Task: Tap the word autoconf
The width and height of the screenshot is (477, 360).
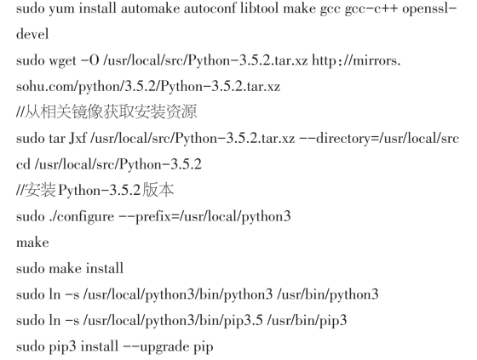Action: click(x=210, y=8)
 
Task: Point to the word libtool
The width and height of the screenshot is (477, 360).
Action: click(x=260, y=8)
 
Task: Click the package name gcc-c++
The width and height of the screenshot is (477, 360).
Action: click(x=371, y=9)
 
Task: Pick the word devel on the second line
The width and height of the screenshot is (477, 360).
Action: click(x=32, y=34)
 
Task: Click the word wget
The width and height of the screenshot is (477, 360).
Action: click(x=63, y=61)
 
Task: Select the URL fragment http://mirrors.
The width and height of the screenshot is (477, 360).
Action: click(x=356, y=60)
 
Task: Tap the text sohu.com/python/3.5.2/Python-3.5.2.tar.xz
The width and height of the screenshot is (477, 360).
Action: click(x=148, y=87)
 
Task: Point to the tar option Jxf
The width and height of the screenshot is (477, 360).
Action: click(x=78, y=139)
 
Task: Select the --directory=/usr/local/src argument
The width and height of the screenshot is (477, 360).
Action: click(x=379, y=139)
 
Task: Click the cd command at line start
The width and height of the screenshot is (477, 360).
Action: click(x=23, y=164)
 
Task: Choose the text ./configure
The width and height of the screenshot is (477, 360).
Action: click(x=81, y=217)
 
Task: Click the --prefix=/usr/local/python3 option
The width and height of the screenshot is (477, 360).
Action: click(x=204, y=217)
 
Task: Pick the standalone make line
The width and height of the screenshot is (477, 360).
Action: click(x=32, y=243)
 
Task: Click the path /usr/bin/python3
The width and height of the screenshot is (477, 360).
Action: click(x=328, y=294)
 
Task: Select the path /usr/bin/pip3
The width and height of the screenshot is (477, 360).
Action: click(x=307, y=321)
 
